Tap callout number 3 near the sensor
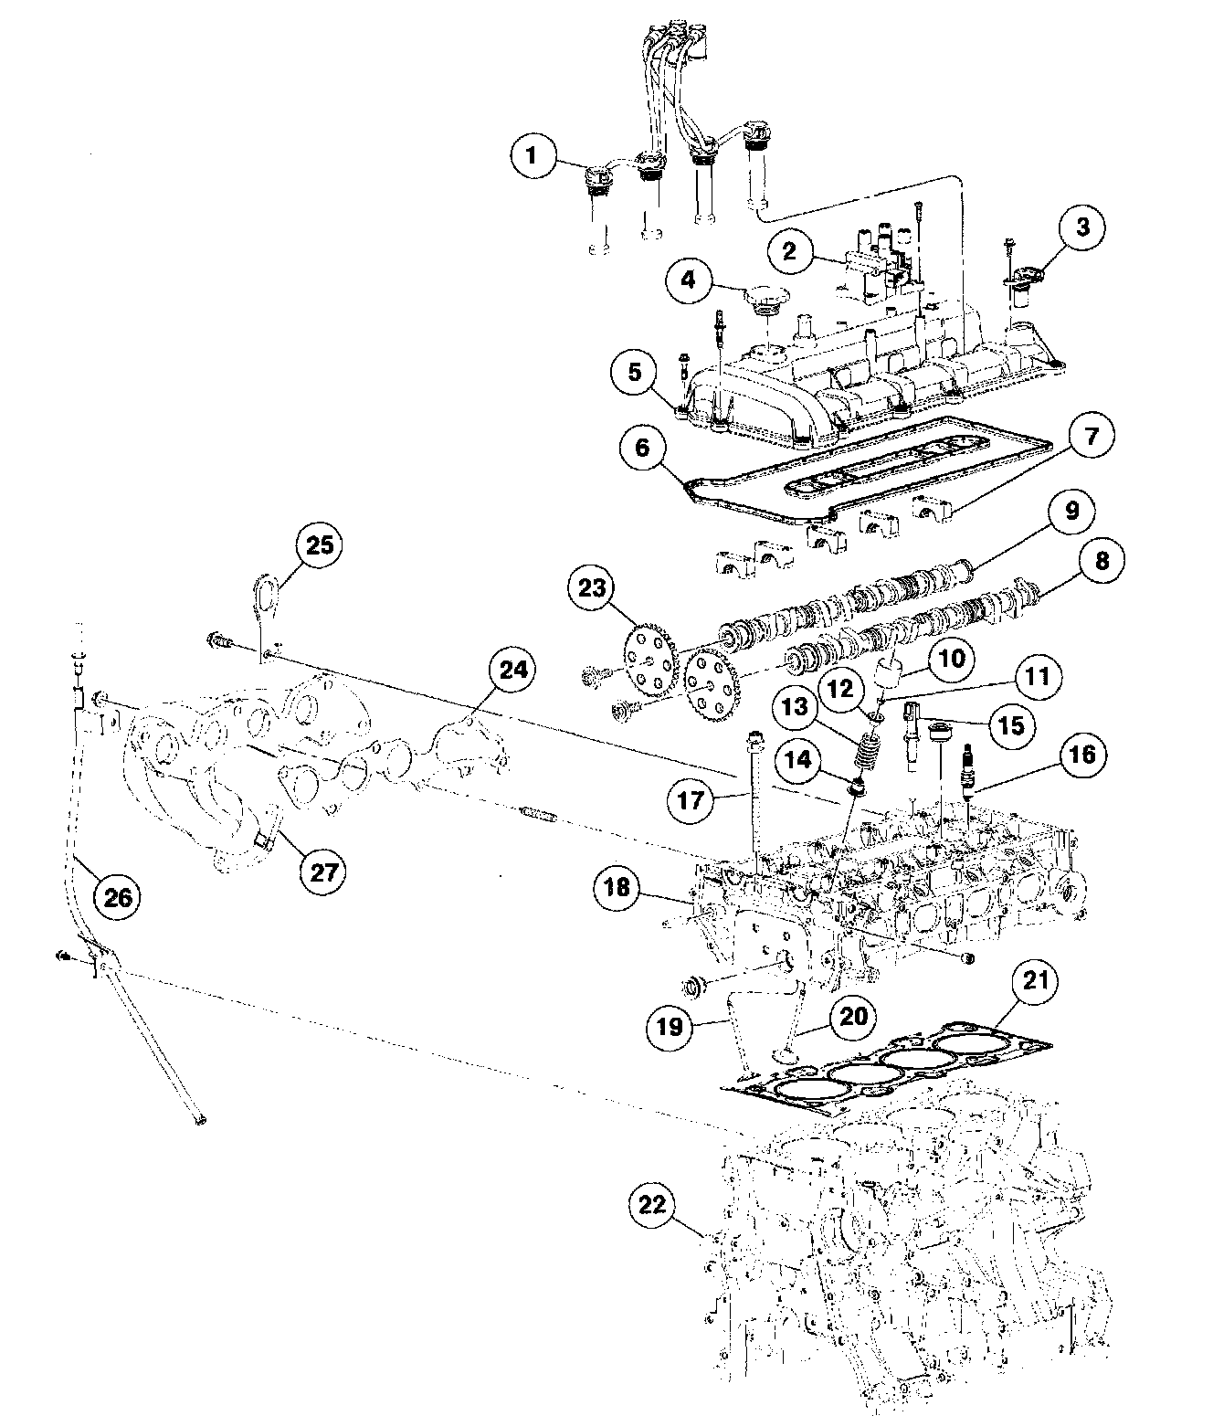click(x=1082, y=227)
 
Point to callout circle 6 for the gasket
click(x=643, y=449)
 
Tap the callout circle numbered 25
click(x=320, y=546)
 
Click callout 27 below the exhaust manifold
click(x=324, y=872)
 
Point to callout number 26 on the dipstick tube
click(x=118, y=898)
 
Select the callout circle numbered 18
click(x=617, y=888)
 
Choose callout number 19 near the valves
click(x=670, y=1027)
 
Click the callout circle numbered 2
click(x=789, y=250)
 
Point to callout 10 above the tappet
click(x=952, y=659)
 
